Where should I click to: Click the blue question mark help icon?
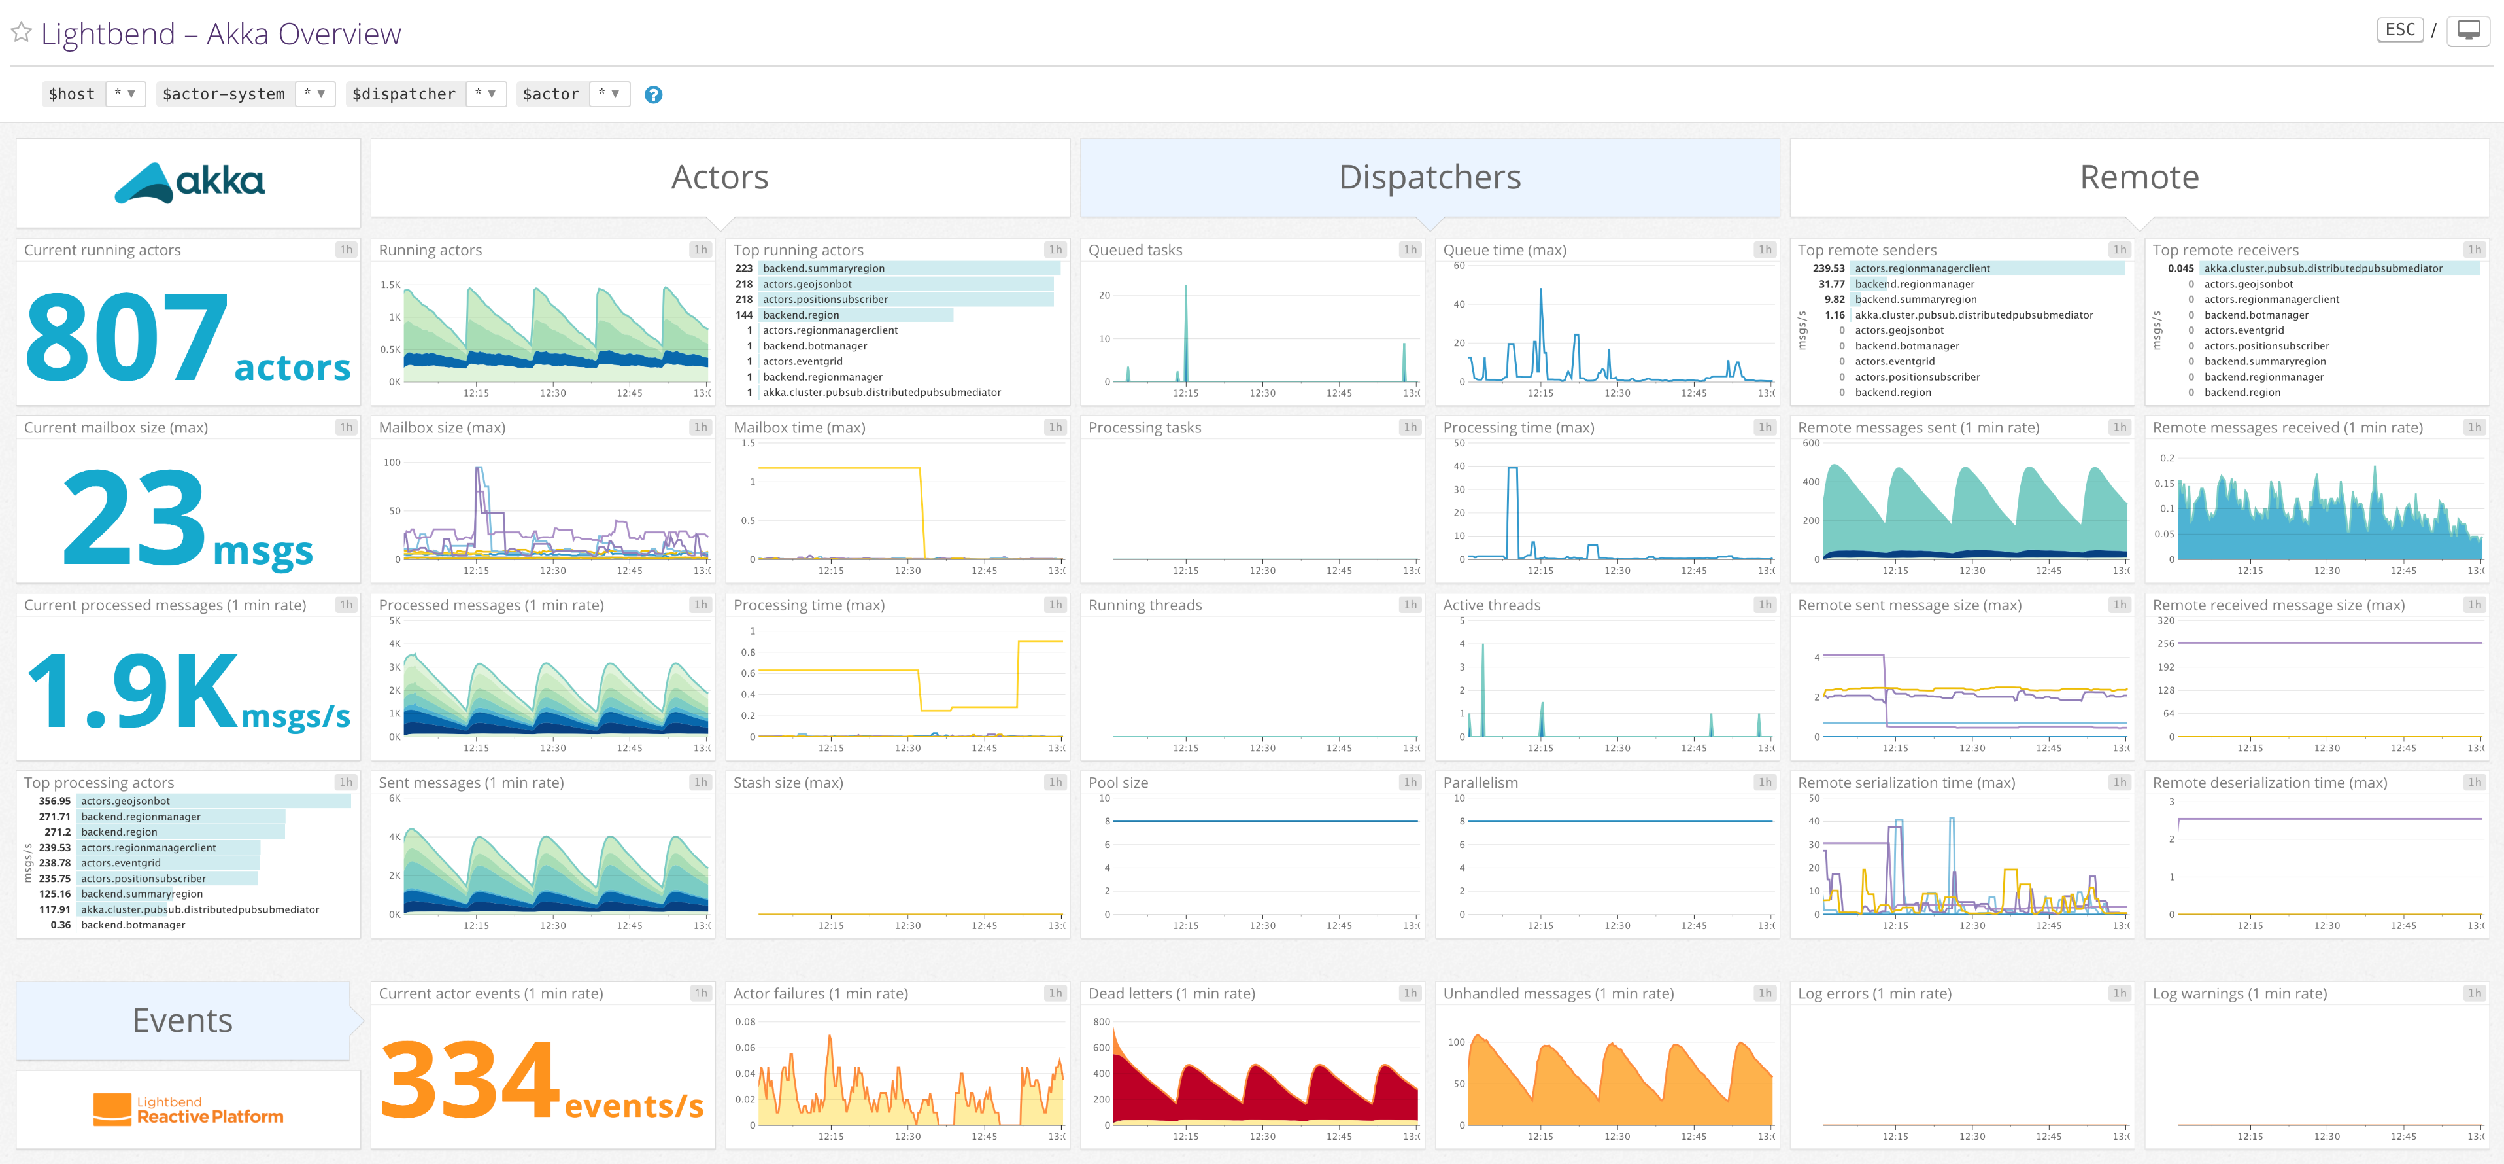click(653, 94)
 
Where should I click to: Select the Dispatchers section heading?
click(1429, 177)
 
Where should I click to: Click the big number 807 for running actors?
click(126, 336)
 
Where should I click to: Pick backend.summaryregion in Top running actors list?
click(823, 268)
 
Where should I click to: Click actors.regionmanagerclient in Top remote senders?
click(1921, 268)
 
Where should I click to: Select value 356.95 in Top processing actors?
click(54, 802)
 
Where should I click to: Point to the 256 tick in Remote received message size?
click(2166, 644)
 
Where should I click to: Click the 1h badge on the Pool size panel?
click(1410, 782)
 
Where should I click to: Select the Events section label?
click(183, 1020)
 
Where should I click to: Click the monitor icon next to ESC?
click(2468, 30)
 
